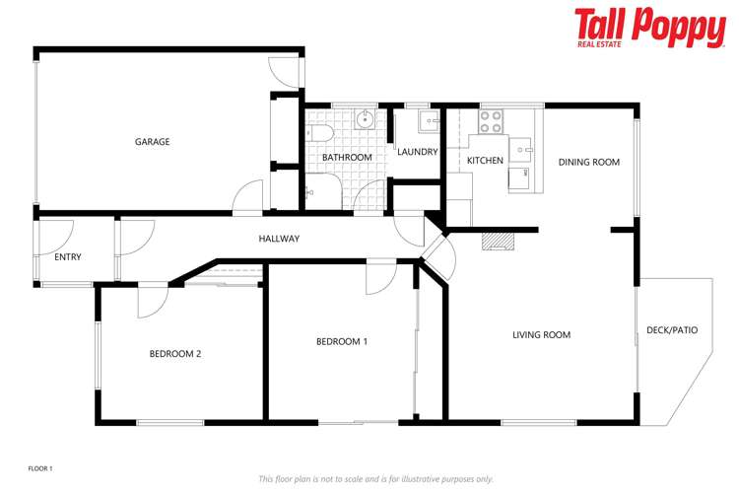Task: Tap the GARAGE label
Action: click(152, 142)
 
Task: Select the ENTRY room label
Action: click(68, 257)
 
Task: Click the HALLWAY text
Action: click(279, 239)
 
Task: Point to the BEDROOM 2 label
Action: click(175, 353)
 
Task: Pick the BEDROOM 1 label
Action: click(341, 342)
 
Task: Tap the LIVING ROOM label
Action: click(541, 335)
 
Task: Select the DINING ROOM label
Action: click(588, 162)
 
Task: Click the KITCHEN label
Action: click(485, 160)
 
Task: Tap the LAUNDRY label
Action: click(417, 152)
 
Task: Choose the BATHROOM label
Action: click(347, 158)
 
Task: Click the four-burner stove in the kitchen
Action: click(491, 120)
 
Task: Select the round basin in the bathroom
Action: click(365, 119)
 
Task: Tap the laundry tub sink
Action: click(429, 121)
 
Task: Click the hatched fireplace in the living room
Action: click(499, 242)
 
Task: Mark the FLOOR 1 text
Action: click(40, 468)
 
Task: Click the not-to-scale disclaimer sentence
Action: click(375, 478)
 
